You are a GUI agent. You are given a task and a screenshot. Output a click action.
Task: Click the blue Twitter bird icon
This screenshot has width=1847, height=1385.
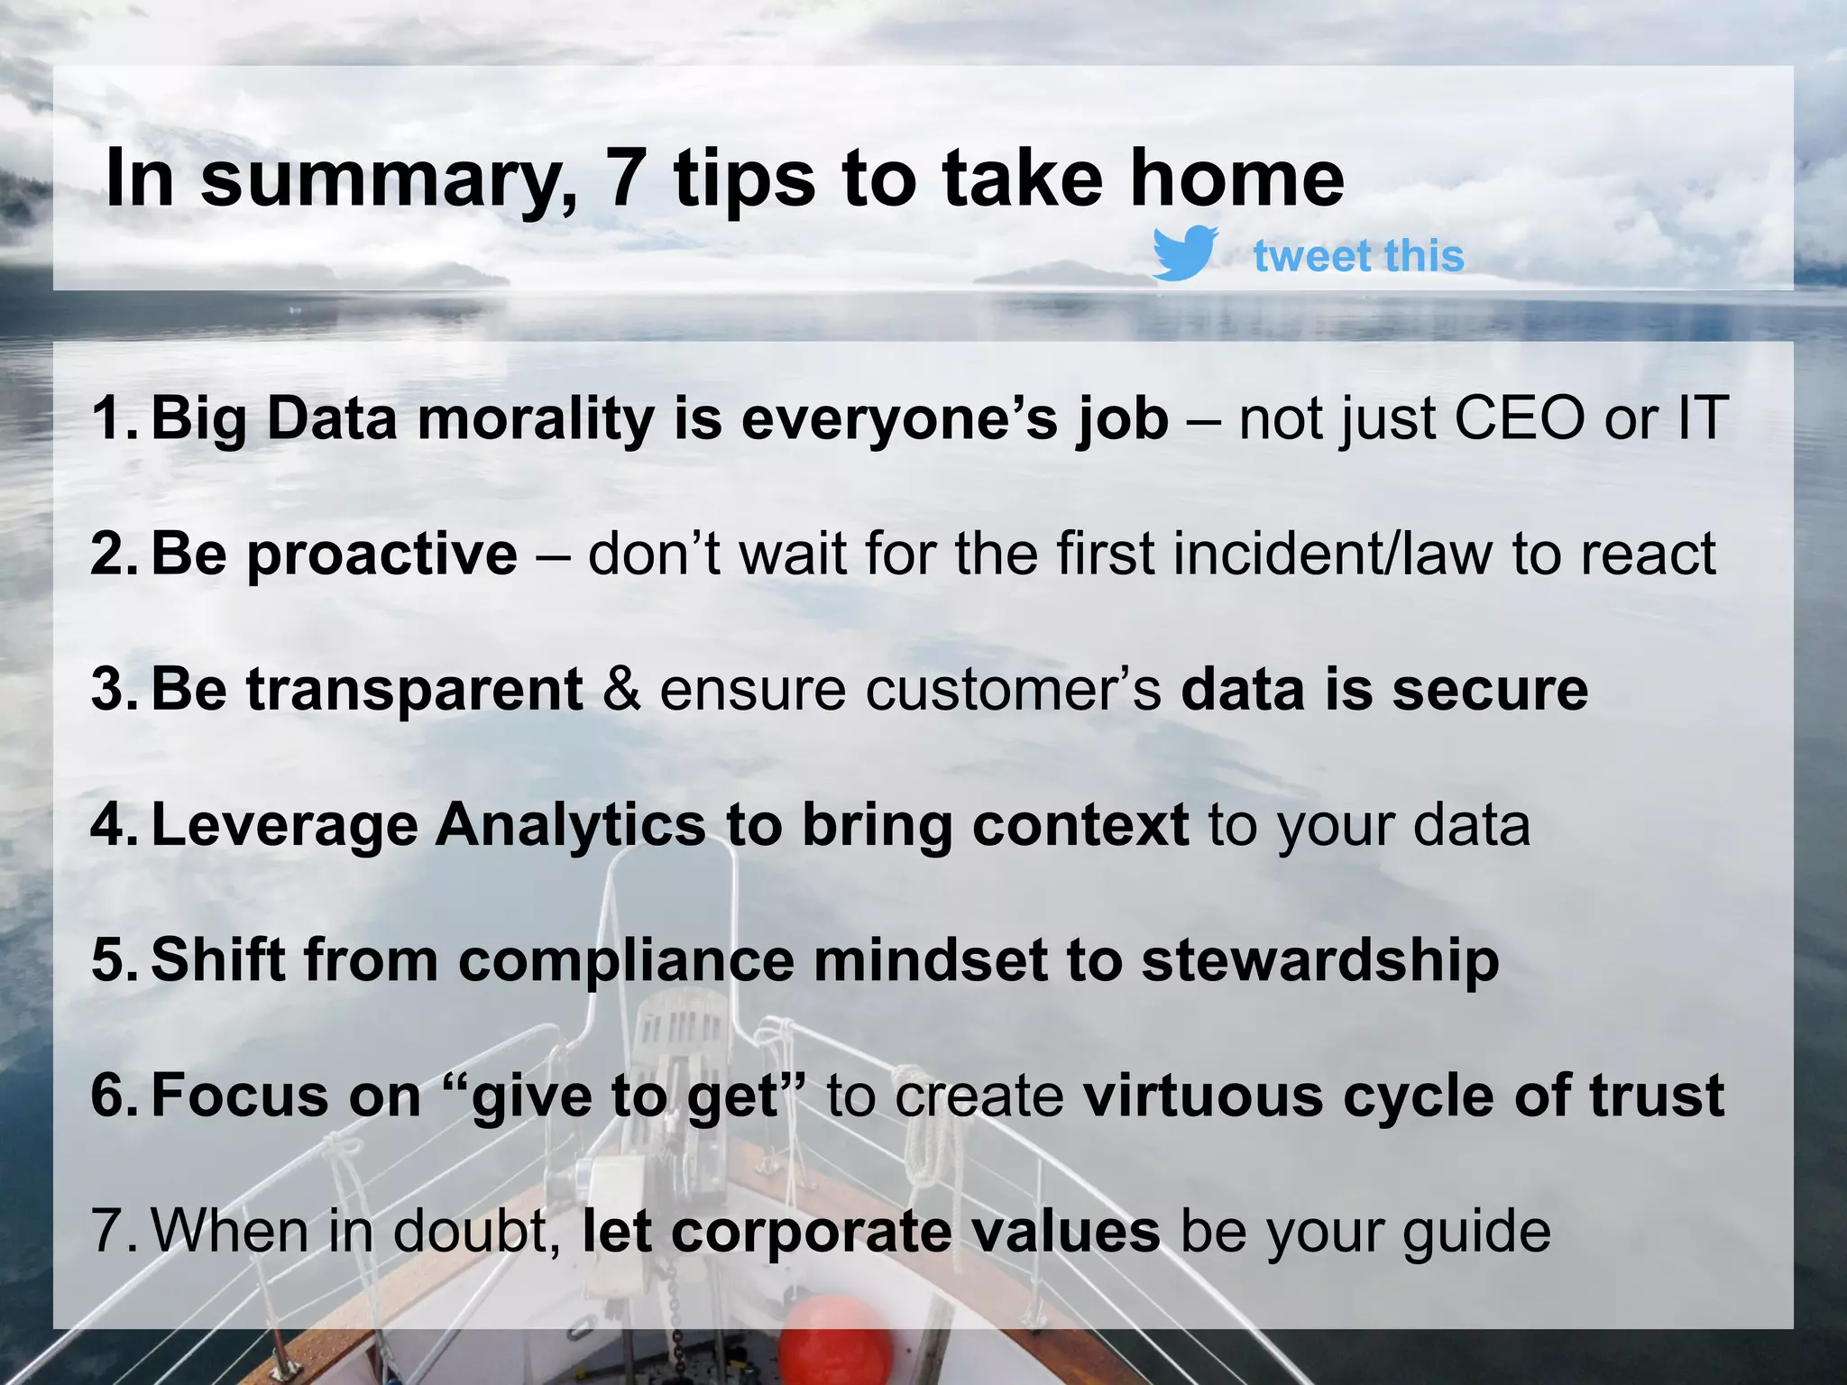point(1185,253)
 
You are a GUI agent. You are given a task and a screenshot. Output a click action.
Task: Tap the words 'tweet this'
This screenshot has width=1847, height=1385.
point(1358,256)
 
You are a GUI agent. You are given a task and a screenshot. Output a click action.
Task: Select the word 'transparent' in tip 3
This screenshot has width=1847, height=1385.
point(414,691)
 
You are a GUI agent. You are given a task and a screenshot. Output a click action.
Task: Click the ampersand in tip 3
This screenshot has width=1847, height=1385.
point(621,690)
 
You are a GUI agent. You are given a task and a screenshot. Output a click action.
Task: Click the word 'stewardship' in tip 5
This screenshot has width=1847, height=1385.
point(1319,960)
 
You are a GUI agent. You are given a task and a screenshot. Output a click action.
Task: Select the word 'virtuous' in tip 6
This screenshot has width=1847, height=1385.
point(1202,1096)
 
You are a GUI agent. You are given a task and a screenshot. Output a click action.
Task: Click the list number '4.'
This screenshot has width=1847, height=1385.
point(115,826)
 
